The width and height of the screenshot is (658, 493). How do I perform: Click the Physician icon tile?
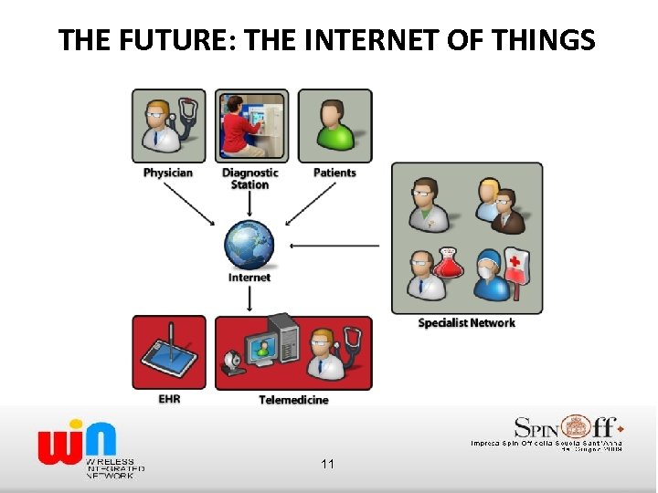[169, 125]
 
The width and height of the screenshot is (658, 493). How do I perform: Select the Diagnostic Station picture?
[251, 125]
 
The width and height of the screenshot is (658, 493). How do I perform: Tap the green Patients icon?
[335, 125]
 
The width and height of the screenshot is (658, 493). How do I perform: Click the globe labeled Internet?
[249, 246]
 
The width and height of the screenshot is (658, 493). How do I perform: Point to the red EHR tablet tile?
[169, 353]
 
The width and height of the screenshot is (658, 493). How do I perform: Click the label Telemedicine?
[293, 400]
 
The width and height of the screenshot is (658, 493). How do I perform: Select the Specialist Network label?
[466, 322]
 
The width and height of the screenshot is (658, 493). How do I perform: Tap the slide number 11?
[327, 465]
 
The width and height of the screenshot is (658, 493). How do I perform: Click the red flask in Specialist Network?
[450, 263]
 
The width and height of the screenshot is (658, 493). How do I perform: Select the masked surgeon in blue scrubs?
[491, 274]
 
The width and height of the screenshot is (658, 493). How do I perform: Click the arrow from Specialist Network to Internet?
[334, 245]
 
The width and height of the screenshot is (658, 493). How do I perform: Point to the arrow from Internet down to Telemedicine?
[249, 299]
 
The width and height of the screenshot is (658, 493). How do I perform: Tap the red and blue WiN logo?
[78, 440]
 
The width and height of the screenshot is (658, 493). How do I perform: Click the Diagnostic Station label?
[249, 178]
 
